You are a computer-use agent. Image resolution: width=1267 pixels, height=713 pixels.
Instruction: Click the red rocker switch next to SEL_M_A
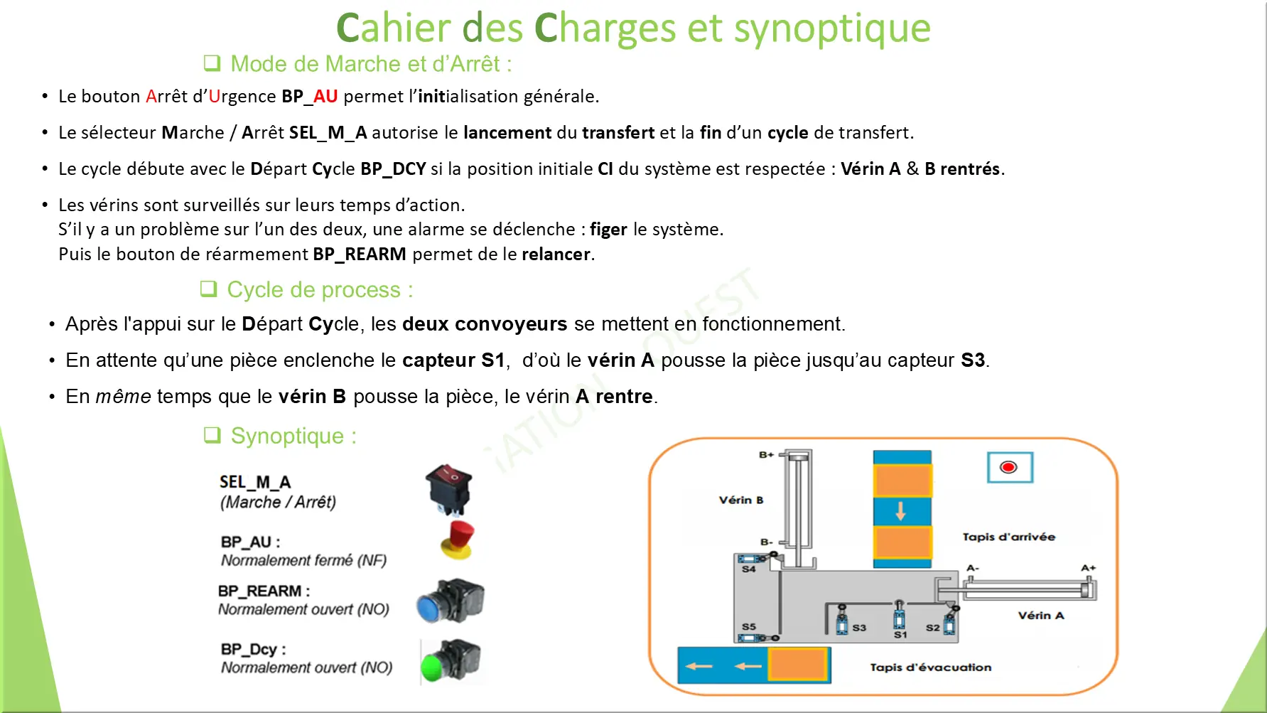click(x=448, y=489)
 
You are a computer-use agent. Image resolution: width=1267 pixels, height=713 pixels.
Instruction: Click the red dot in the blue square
click(x=1009, y=467)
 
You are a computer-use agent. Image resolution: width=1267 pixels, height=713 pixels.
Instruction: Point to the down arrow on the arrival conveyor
click(x=901, y=511)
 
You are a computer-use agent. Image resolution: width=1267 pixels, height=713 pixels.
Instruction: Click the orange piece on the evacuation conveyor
click(x=797, y=665)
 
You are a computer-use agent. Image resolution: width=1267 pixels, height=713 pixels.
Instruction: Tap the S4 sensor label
click(x=748, y=569)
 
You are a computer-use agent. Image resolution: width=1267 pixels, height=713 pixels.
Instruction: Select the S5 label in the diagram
click(x=749, y=626)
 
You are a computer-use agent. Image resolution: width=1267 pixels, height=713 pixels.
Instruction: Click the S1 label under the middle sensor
click(x=900, y=635)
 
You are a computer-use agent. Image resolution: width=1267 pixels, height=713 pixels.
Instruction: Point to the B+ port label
click(x=766, y=455)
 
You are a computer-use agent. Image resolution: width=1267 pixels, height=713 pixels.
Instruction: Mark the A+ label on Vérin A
click(x=1088, y=568)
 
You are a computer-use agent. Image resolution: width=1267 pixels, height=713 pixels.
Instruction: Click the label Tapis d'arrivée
click(x=1008, y=537)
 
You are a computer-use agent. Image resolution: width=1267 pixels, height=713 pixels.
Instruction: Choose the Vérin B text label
click(x=740, y=500)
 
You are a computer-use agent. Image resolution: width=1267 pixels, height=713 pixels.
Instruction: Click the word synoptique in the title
click(x=831, y=28)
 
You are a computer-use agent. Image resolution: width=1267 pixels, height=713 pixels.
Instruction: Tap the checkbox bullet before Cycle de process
click(x=208, y=289)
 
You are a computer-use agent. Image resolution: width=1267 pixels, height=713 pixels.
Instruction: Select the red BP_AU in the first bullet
click(x=325, y=96)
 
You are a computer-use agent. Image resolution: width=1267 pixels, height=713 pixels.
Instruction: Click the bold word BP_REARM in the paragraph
click(x=360, y=254)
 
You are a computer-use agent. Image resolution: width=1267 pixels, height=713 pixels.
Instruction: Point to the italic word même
click(x=124, y=396)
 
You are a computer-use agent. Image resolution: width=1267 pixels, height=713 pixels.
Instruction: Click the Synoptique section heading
click(x=293, y=436)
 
